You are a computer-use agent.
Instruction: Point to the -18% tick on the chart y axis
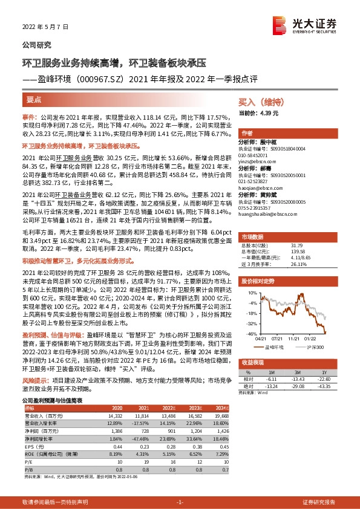tap(250, 313)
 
